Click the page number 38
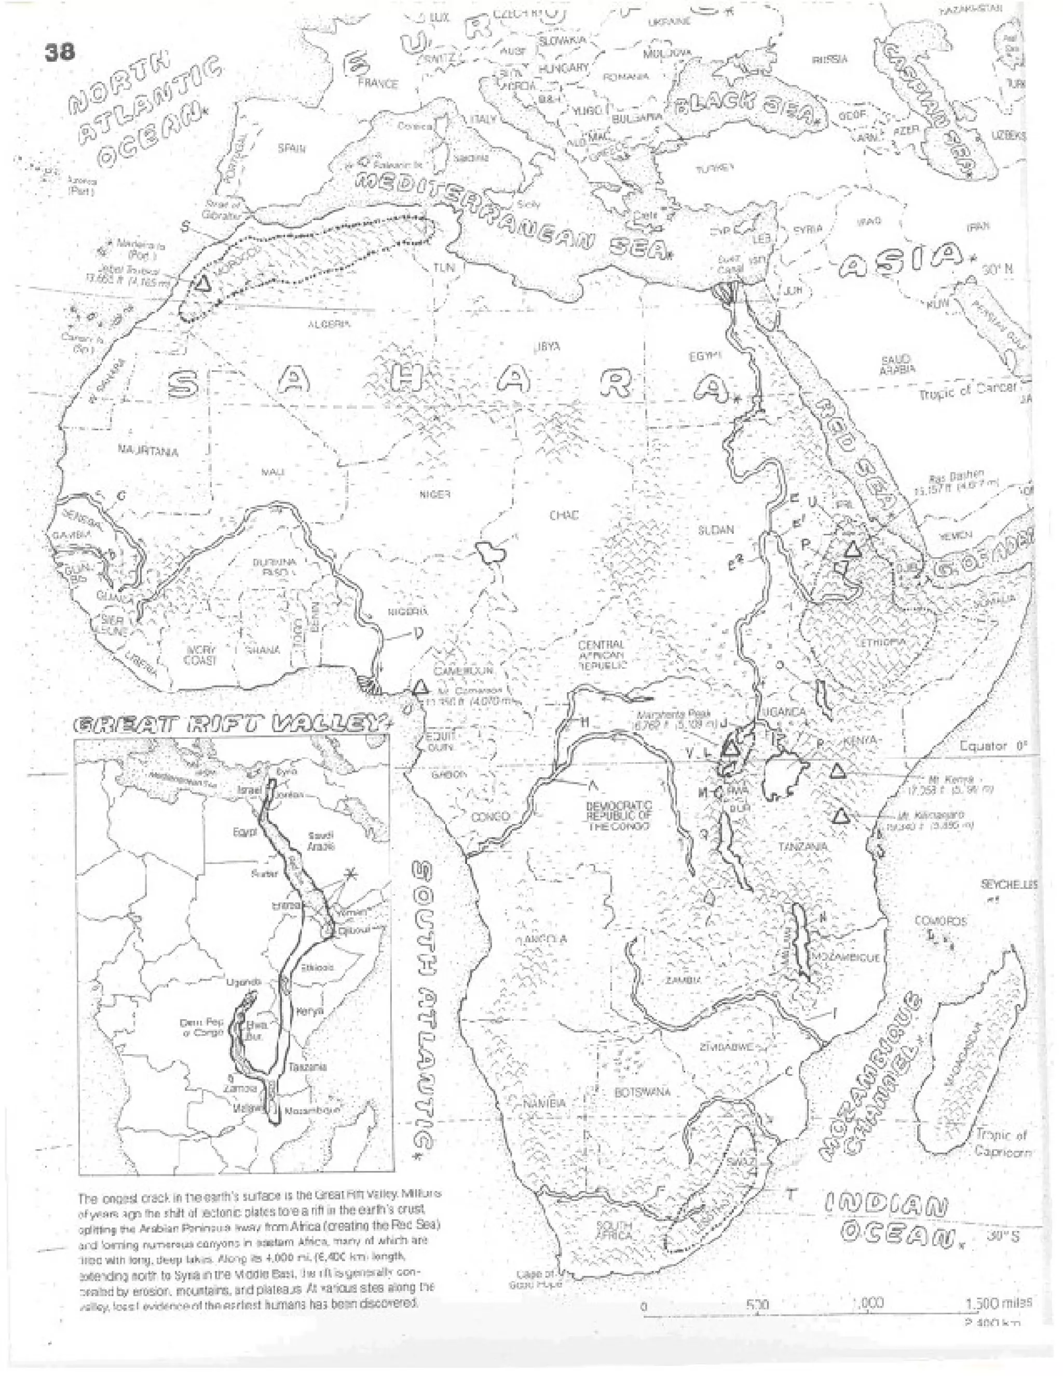point(59,51)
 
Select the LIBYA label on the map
point(546,346)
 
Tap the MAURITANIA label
point(148,451)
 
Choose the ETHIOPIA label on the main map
point(883,642)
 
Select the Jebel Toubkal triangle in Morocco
point(202,284)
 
